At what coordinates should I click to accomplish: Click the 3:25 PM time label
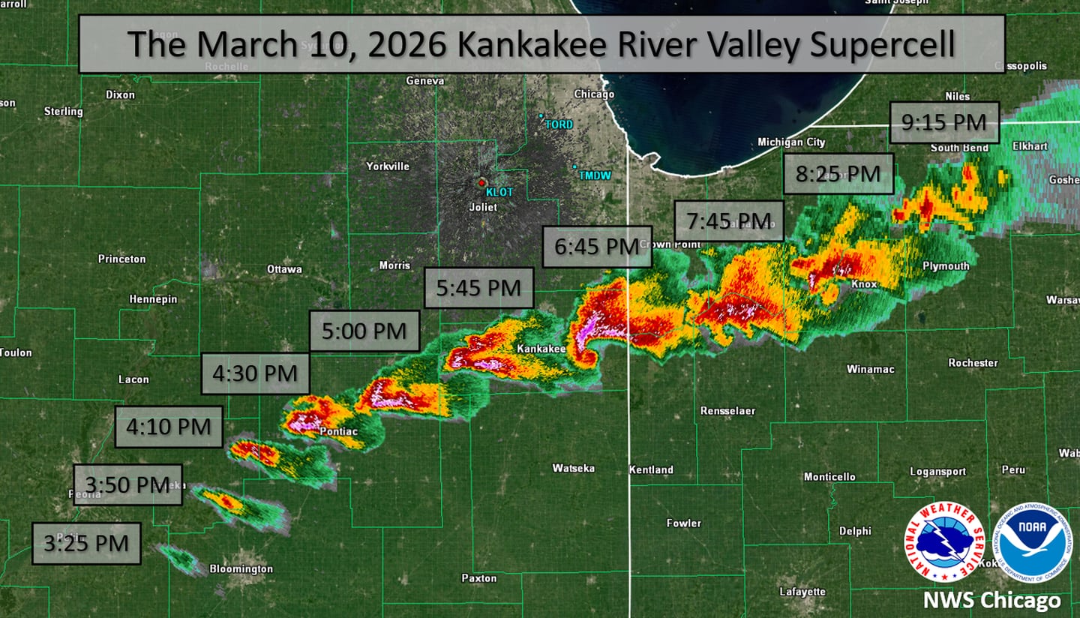click(86, 543)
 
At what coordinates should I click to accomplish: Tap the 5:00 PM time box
click(364, 331)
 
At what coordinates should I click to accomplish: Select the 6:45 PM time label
click(597, 247)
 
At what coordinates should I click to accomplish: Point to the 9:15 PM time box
click(944, 122)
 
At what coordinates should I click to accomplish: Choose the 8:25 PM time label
click(838, 174)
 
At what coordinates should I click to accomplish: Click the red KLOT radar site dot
click(482, 181)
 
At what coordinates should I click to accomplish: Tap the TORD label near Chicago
click(558, 124)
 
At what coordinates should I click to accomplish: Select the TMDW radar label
click(594, 175)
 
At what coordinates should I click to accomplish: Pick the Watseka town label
click(573, 468)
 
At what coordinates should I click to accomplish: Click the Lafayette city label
click(802, 591)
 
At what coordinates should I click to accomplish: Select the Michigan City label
click(791, 142)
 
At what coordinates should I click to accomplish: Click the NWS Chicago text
click(991, 600)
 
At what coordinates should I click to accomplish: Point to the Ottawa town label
click(284, 269)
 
